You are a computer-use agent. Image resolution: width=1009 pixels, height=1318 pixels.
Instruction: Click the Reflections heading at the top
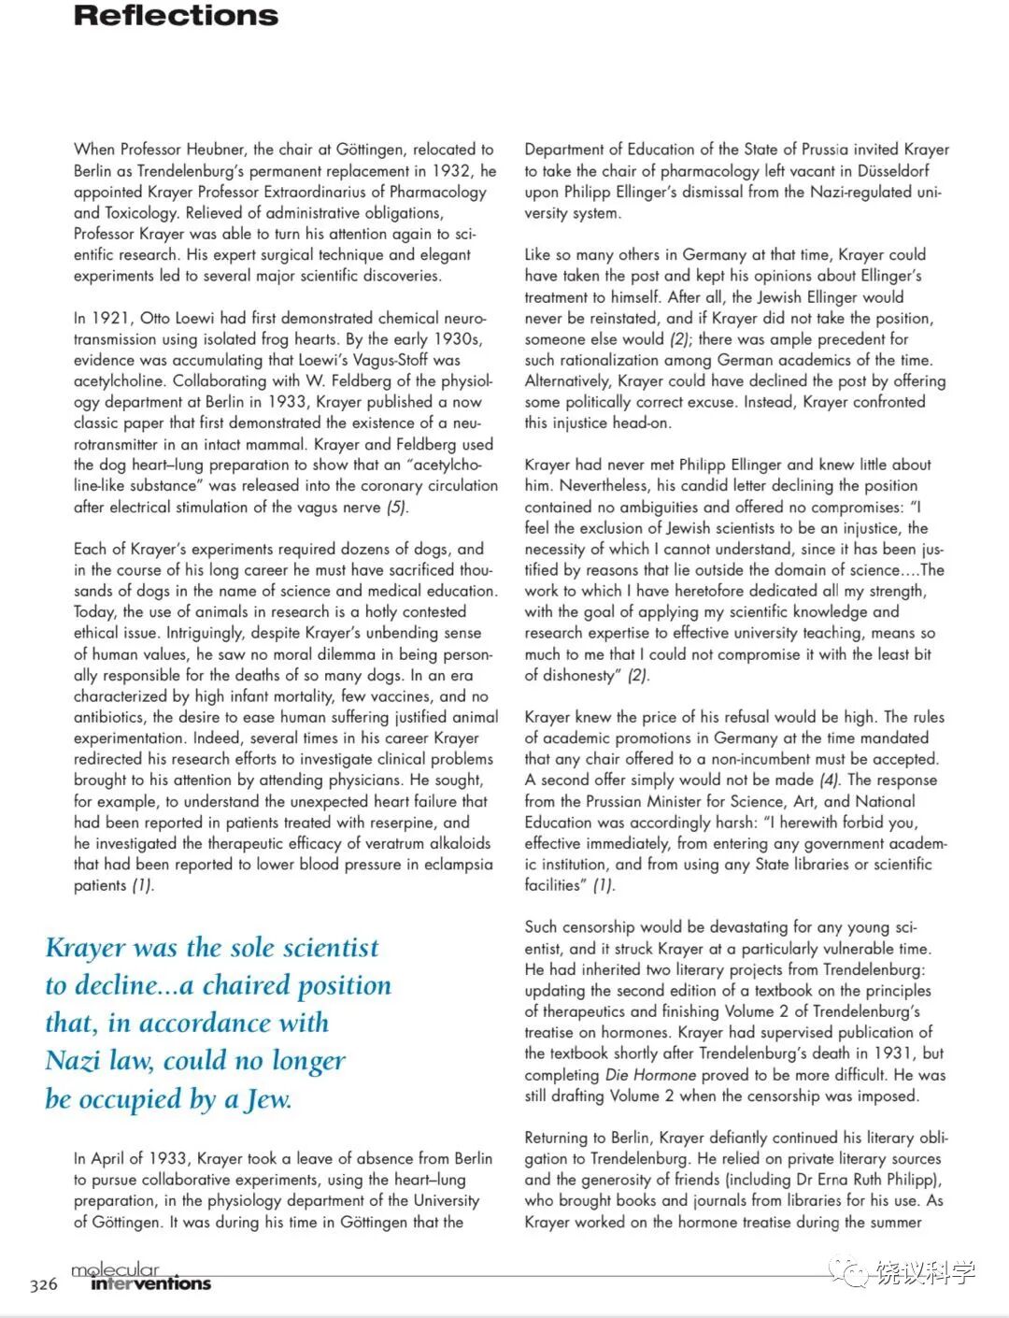176,16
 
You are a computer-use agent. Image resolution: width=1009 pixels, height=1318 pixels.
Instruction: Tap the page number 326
44,1284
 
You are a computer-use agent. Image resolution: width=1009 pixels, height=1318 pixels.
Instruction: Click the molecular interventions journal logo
140,1277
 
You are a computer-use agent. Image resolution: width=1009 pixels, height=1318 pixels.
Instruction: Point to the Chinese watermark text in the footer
925,1272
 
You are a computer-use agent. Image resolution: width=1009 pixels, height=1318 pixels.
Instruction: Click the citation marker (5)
397,508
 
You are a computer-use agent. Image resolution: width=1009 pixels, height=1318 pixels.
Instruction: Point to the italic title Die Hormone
650,1075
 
